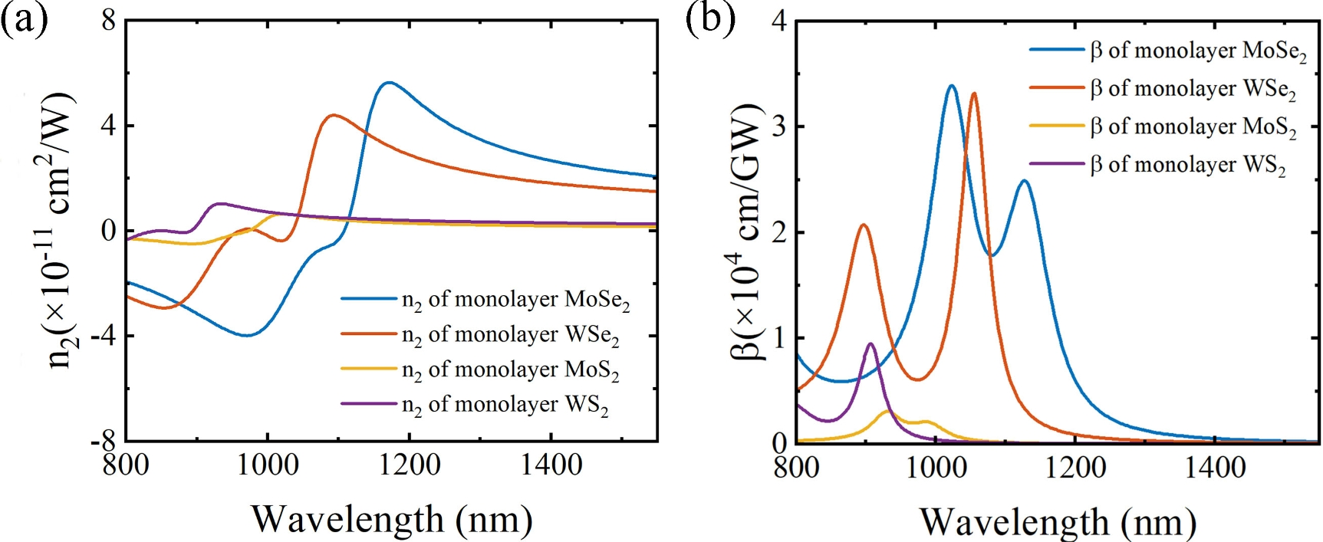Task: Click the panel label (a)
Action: (24, 18)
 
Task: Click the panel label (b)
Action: (710, 18)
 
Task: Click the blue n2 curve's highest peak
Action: (389, 82)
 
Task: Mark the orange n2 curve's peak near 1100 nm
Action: (332, 115)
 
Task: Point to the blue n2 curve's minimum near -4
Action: (246, 335)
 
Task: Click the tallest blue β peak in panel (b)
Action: (951, 85)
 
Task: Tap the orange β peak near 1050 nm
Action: (974, 94)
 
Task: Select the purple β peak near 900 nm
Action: (870, 343)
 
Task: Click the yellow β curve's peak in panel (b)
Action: (888, 411)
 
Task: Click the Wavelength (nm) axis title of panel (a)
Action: (391, 519)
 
